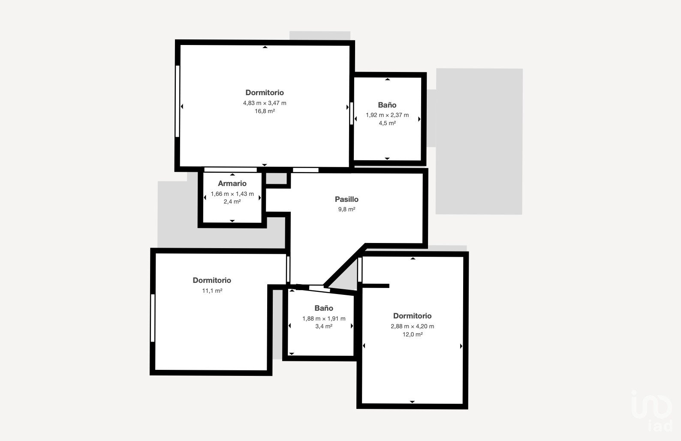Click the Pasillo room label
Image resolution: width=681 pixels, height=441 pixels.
pos(347,199)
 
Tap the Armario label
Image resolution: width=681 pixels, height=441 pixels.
pos(232,183)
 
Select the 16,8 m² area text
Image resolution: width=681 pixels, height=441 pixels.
pos(265,111)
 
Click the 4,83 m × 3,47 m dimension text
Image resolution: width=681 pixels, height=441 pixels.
pos(265,103)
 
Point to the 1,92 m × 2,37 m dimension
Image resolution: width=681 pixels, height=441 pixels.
pos(387,115)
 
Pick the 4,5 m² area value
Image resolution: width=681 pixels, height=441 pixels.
pos(387,123)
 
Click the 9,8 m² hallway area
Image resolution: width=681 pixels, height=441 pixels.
pos(347,210)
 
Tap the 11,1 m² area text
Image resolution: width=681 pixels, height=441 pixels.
pos(212,291)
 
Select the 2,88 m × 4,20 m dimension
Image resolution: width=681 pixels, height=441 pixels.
pos(412,327)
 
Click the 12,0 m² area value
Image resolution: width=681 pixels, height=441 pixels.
pos(413,334)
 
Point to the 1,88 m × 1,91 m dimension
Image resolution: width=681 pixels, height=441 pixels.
pos(324,319)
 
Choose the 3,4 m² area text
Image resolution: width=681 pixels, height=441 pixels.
pos(324,327)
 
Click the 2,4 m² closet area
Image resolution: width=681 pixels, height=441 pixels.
pos(232,201)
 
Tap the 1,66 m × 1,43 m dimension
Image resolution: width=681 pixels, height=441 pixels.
pos(232,194)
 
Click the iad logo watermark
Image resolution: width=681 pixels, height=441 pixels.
pos(652,410)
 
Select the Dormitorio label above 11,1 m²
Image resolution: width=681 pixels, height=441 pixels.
pos(212,280)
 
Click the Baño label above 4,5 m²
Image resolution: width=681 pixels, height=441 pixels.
pos(387,105)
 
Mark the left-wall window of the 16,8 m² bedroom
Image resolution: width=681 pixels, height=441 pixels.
pos(178,101)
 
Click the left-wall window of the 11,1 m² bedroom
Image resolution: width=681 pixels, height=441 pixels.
pos(153,318)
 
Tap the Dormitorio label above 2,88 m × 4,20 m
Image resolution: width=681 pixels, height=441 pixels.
pos(412,316)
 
